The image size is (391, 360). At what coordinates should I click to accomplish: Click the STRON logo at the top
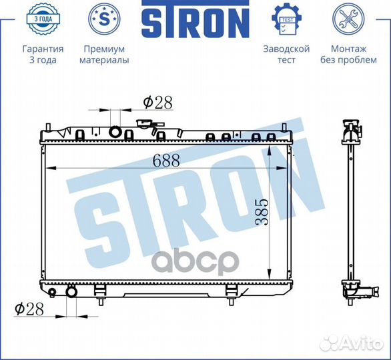(195, 19)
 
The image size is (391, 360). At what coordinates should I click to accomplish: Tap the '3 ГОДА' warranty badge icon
(43, 19)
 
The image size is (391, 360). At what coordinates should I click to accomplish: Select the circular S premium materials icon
(104, 19)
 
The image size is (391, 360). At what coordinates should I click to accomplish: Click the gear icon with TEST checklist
(287, 19)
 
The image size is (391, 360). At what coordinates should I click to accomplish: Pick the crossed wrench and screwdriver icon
(348, 19)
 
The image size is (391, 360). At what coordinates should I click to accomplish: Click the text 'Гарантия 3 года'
(43, 54)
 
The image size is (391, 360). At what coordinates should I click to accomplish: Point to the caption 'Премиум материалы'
(104, 54)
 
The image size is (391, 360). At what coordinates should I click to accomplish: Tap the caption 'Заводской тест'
(286, 54)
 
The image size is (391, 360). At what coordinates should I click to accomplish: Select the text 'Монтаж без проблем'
(348, 54)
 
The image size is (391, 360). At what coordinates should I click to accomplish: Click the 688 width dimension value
(166, 160)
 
